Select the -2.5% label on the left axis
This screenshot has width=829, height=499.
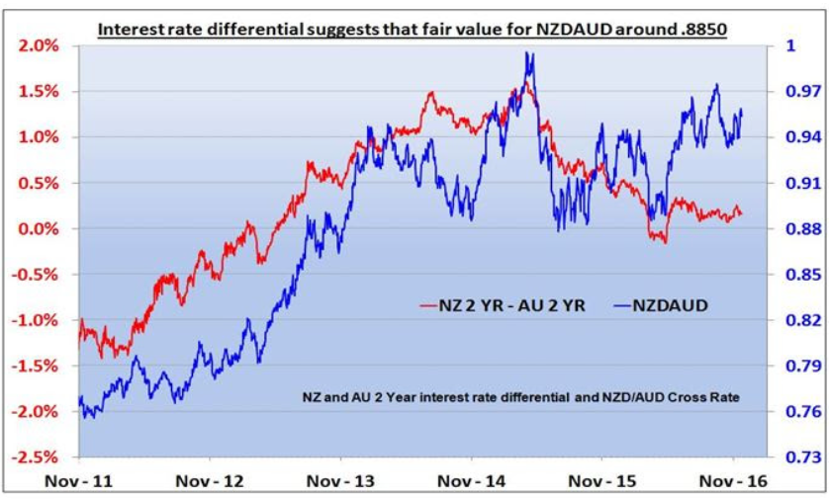click(37, 457)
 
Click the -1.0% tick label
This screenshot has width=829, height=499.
click(37, 320)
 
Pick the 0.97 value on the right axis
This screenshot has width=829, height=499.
click(798, 92)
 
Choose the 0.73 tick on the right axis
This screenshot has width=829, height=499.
click(798, 457)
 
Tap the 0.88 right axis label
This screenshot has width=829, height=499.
click(798, 229)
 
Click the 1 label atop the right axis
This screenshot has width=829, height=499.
click(789, 45)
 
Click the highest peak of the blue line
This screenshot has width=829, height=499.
click(530, 54)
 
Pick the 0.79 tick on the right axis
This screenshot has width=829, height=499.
click(798, 367)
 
